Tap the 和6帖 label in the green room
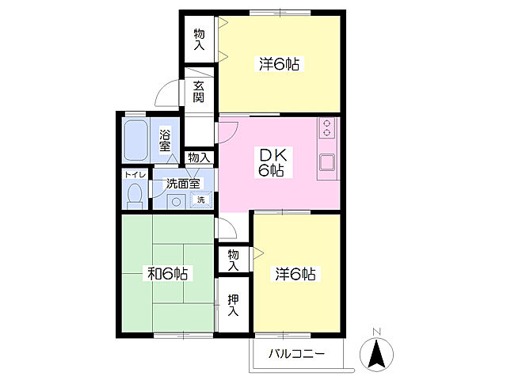[x=167, y=274]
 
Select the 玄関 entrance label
[x=199, y=92]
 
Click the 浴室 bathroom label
[x=165, y=140]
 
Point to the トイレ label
[x=135, y=175]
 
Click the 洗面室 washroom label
[x=183, y=184]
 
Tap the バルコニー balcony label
[x=296, y=354]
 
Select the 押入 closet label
[x=233, y=305]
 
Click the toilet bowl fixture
[x=135, y=196]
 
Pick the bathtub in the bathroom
[x=136, y=140]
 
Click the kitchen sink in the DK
[x=327, y=162]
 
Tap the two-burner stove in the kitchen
[x=327, y=128]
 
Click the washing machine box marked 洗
[x=201, y=199]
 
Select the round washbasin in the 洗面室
[x=176, y=202]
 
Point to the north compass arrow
[x=377, y=354]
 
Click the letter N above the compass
[x=377, y=332]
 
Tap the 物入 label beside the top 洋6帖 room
[x=199, y=39]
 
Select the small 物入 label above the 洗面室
[x=199, y=158]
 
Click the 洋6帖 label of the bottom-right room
[x=295, y=274]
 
